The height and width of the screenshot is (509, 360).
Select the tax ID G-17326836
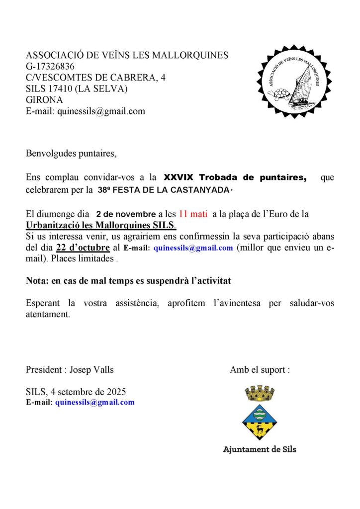50,66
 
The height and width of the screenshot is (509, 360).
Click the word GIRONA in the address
45,100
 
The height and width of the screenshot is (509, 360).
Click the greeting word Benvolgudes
48,153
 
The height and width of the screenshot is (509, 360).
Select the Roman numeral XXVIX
180,177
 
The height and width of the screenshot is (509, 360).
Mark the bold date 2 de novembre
126,215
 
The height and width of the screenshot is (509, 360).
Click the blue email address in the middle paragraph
193,248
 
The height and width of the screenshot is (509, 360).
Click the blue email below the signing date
94,402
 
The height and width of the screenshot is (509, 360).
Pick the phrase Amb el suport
257,370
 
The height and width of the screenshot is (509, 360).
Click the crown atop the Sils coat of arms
260,394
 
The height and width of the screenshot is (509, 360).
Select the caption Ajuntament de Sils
260,449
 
